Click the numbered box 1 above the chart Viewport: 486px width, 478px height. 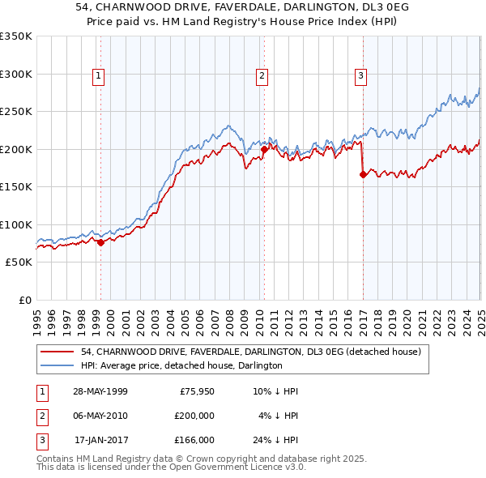click(98, 77)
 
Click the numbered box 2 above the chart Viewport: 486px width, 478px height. click(263, 77)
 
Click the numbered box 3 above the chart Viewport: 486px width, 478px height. click(360, 77)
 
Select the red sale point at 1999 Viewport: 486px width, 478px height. click(100, 242)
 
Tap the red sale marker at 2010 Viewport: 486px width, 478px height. click(264, 149)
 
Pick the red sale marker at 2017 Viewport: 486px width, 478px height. click(362, 174)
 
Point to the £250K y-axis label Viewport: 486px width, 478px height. click(15, 111)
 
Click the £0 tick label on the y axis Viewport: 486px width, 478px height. click(22, 300)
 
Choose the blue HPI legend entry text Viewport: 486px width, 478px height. click(181, 366)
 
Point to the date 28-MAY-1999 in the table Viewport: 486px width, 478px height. click(100, 391)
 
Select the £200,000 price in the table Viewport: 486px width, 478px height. click(194, 416)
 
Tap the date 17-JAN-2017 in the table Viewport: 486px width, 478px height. click(101, 440)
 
